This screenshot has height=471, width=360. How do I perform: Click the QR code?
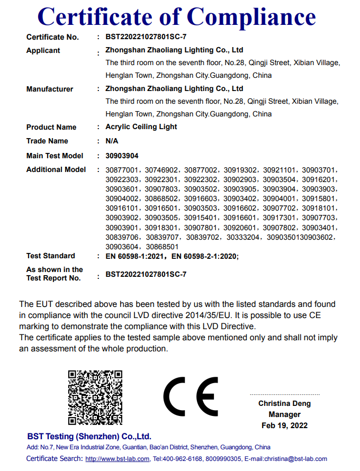pyautogui.click(x=95, y=397)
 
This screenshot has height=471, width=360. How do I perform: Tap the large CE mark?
pyautogui.click(x=191, y=397)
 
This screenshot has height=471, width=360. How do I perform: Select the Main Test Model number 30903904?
pyautogui.click(x=122, y=156)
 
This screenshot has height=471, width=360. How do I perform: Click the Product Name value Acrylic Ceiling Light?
pyautogui.click(x=141, y=127)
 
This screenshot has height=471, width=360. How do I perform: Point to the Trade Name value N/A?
pyautogui.click(x=112, y=141)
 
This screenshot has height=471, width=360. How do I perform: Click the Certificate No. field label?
pyautogui.click(x=52, y=37)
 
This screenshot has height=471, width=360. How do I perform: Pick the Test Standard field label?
pyautogui.click(x=51, y=256)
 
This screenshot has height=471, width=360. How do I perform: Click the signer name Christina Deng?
pyautogui.click(x=285, y=403)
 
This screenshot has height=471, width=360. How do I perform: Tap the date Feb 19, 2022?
pyautogui.click(x=285, y=425)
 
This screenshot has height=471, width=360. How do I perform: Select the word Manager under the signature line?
pyautogui.click(x=285, y=414)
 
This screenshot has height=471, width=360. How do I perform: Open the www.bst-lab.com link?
pyautogui.click(x=118, y=459)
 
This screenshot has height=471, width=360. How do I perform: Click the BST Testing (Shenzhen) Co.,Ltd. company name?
pyautogui.click(x=89, y=437)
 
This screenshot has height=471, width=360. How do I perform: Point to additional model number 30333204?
pyautogui.click(x=243, y=237)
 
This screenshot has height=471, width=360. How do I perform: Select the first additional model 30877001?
pyautogui.click(x=122, y=170)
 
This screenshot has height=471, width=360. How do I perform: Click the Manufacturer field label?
pyautogui.click(x=50, y=89)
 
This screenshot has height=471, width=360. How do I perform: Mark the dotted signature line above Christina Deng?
pyautogui.click(x=285, y=394)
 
